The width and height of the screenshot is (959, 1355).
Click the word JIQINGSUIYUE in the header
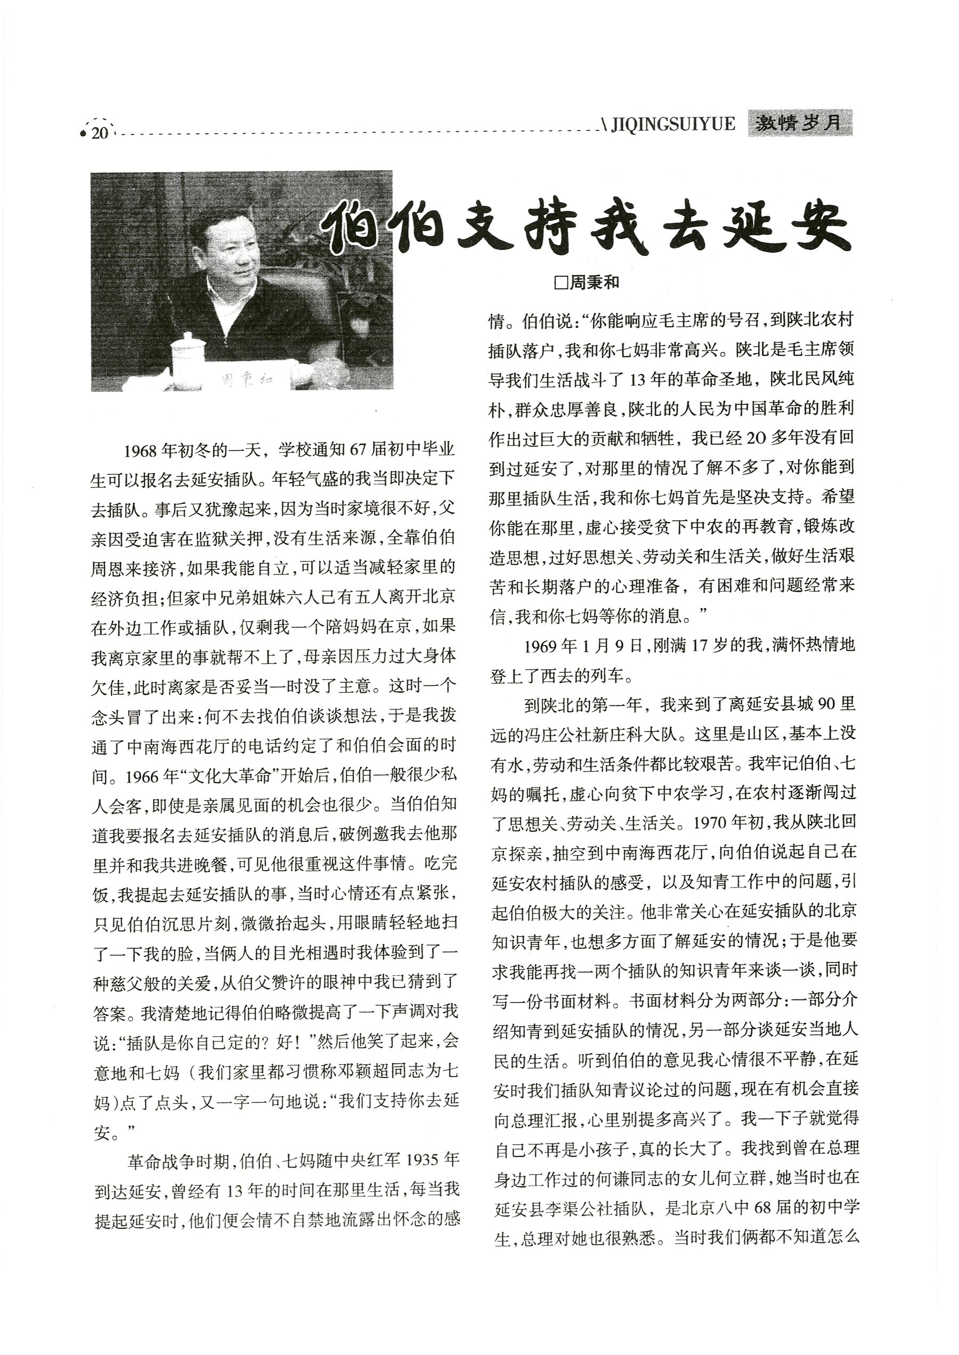click(x=673, y=124)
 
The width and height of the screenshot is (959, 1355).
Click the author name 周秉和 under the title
click(x=594, y=283)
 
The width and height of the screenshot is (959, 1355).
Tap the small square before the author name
click(x=560, y=283)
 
